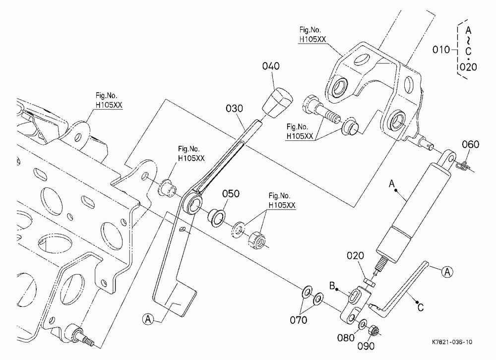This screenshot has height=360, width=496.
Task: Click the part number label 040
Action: (x=271, y=66)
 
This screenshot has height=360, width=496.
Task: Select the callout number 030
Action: (x=235, y=109)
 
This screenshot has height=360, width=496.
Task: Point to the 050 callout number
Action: (x=231, y=193)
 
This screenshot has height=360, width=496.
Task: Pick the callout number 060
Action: (x=471, y=145)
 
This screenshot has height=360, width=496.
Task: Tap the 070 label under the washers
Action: (x=298, y=320)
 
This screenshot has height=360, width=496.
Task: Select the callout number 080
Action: (x=346, y=338)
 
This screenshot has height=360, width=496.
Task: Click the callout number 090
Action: (x=366, y=346)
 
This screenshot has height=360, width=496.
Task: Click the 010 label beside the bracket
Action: (x=441, y=50)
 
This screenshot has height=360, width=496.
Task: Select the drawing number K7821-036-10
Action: (x=452, y=342)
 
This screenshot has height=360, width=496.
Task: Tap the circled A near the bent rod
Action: (x=447, y=272)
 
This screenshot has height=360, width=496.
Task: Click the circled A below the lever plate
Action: (x=148, y=319)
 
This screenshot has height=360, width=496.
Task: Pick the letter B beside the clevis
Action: (x=332, y=286)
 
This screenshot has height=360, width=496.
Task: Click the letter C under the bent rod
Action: (x=421, y=307)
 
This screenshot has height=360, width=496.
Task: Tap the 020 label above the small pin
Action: (x=355, y=255)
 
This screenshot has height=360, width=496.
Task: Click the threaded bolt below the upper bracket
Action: (x=321, y=111)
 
